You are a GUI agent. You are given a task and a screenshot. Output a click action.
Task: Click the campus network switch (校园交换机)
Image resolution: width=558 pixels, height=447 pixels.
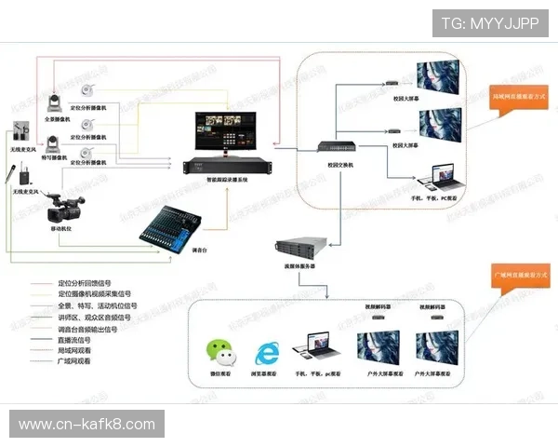point(331,148)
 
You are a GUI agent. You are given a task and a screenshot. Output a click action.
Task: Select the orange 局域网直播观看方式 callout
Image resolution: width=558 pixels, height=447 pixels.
point(518,96)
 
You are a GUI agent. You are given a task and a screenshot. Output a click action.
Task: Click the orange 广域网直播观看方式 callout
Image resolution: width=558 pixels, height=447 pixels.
point(518,276)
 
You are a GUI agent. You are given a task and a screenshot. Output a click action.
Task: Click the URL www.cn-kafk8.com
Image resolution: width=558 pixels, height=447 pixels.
point(87,425)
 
